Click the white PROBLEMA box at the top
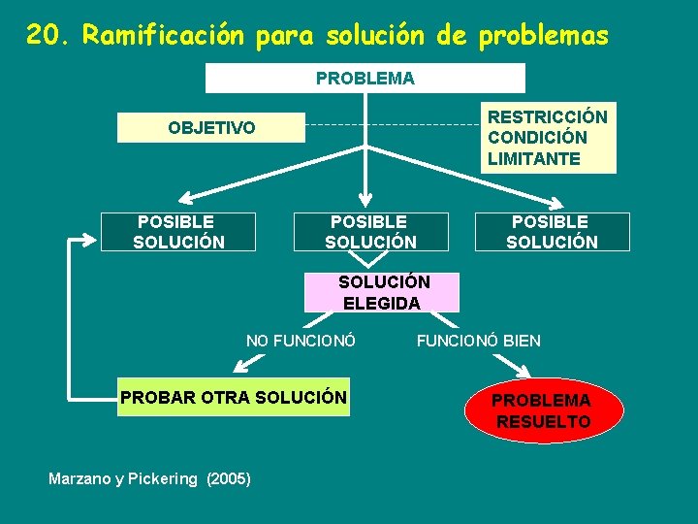coord(365,79)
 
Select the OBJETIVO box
coord(211,128)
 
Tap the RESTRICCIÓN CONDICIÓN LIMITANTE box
coord(548,138)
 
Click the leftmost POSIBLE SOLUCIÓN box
coord(178,232)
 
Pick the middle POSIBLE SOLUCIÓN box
coord(370,232)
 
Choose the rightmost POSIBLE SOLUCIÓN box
coord(552,232)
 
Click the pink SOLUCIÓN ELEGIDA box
coord(382,292)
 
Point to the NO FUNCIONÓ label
coord(301,341)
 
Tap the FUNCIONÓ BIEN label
coord(479,341)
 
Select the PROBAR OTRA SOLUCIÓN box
coord(233,397)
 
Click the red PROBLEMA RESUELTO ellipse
coord(543,411)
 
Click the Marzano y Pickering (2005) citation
coord(149,478)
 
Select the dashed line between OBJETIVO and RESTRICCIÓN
coord(393,125)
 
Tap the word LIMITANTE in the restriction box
coord(534,158)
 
